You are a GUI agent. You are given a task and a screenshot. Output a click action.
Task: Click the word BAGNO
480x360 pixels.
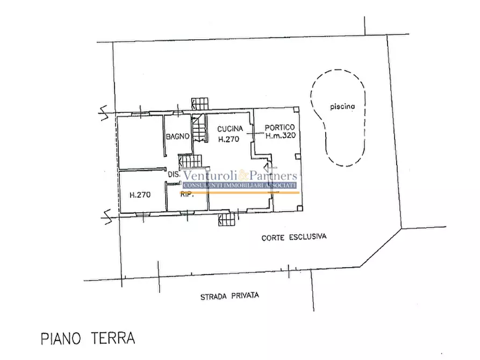coord(177,136)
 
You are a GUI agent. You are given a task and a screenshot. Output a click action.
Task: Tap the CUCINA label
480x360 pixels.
coord(230,129)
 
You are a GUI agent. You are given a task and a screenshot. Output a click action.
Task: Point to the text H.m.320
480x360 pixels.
coord(281,136)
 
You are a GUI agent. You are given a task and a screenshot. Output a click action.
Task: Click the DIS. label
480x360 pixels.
coord(174,175)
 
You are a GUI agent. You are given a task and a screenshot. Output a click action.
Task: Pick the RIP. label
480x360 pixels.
coord(186,196)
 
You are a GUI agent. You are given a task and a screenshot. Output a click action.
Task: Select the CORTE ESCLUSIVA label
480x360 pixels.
coord(294,236)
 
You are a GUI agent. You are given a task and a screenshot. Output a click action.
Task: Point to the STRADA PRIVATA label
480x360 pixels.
coord(230,296)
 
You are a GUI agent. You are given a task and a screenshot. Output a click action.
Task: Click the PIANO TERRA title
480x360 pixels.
coord(88,339)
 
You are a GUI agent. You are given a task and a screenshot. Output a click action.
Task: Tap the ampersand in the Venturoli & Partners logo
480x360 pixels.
coord(242,176)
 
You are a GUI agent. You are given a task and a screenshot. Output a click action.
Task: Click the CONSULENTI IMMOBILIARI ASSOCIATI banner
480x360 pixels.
coord(240,185)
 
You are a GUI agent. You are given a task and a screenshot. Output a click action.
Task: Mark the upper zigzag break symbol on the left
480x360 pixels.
coord(106,111)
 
